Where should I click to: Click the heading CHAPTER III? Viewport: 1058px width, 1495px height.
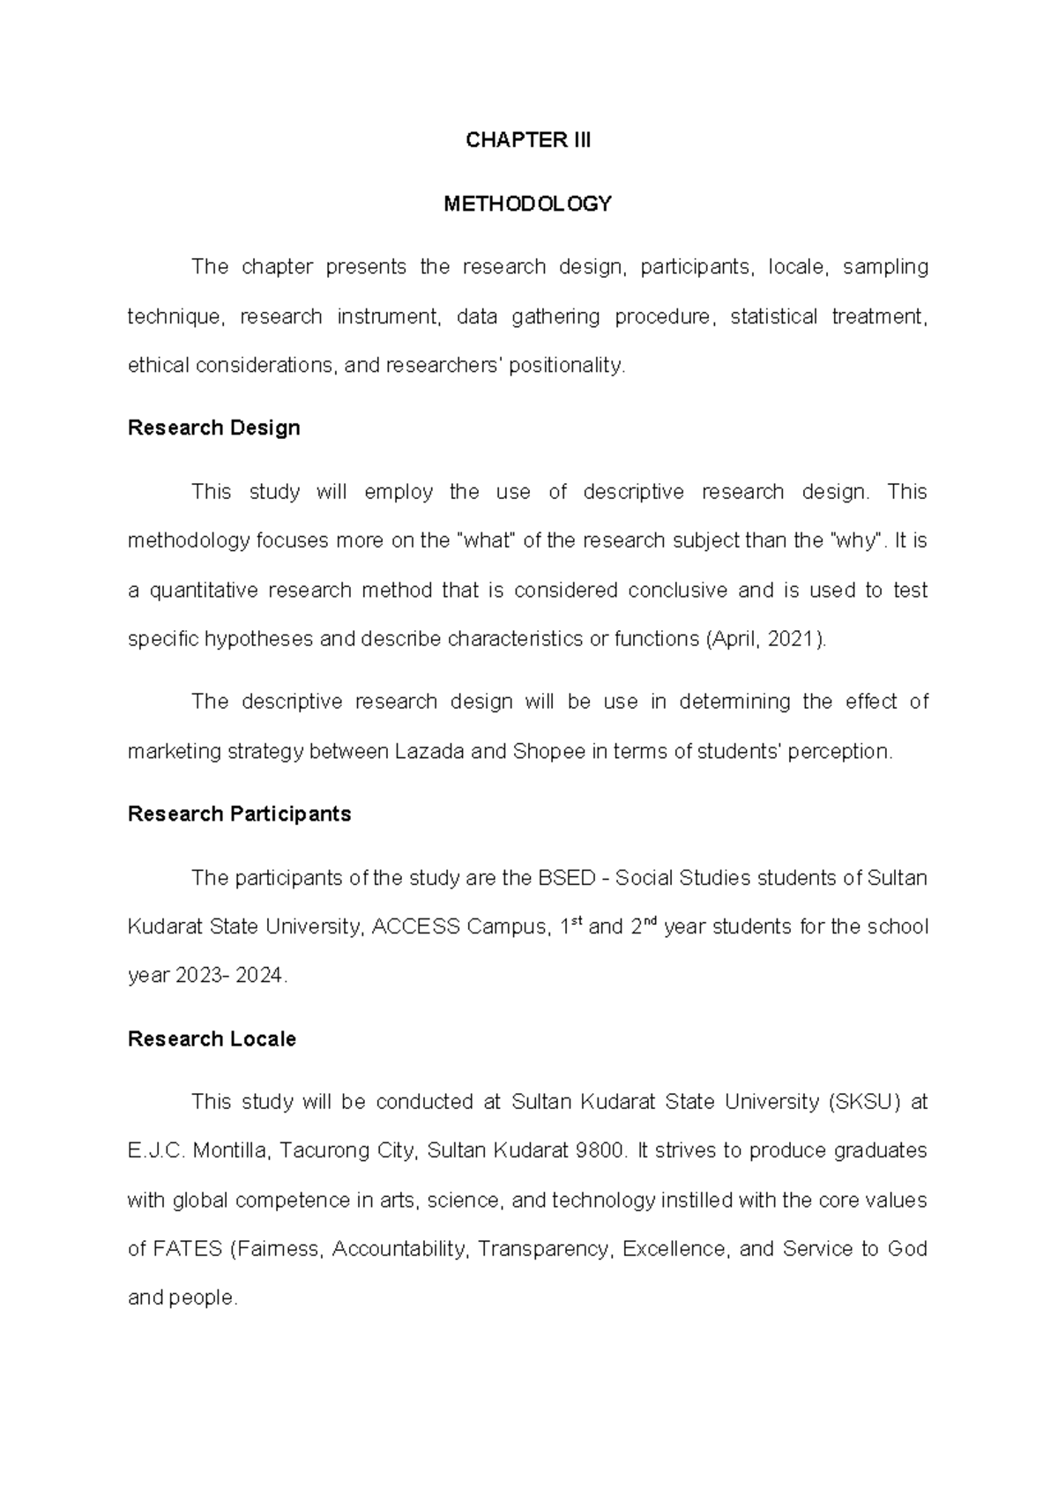point(528,140)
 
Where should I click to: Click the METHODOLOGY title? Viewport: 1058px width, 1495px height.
point(527,205)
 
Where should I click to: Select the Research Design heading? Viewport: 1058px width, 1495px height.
point(213,428)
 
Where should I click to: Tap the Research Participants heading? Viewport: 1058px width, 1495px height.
point(239,814)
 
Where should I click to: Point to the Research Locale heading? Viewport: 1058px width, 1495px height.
point(212,1039)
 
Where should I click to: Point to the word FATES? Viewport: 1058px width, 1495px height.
point(188,1249)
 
